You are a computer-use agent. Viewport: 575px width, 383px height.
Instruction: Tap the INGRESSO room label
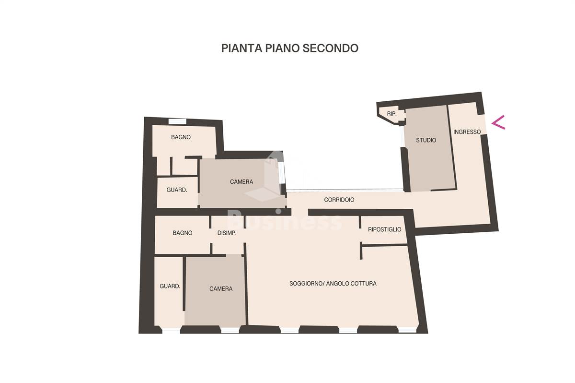467,132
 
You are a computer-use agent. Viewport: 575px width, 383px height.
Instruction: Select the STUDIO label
426,140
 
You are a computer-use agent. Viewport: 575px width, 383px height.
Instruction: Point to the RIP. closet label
392,114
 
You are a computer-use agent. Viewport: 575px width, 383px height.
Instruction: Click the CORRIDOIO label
339,200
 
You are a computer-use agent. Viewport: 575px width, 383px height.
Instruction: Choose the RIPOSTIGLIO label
384,229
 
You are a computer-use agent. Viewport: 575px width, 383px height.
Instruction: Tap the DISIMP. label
227,233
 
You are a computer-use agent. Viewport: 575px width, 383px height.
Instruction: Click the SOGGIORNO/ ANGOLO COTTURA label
333,284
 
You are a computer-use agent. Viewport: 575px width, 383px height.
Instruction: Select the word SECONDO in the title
331,48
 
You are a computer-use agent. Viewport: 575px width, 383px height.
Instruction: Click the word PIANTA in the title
242,48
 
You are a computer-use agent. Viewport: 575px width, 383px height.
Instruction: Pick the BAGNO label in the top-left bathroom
181,137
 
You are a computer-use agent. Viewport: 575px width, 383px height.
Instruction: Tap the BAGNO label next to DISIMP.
183,233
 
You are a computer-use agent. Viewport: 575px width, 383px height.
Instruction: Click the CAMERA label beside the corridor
241,182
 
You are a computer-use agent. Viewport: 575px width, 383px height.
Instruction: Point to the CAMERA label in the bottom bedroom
221,288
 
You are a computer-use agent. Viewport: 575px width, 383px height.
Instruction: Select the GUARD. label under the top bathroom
177,190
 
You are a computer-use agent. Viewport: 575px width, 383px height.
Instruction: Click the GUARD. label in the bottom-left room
170,286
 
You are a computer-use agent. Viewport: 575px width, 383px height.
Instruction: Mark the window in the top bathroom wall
177,121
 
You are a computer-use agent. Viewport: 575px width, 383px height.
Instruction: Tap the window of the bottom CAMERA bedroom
230,330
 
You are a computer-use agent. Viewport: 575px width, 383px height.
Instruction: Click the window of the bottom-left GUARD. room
171,331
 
